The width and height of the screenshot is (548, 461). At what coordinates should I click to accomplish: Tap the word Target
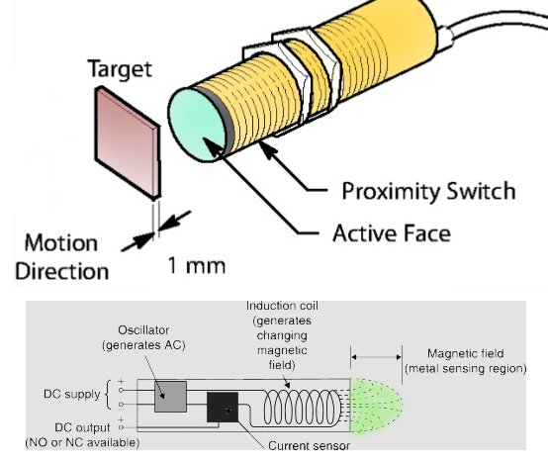point(121,69)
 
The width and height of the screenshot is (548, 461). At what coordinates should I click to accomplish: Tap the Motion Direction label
point(61,255)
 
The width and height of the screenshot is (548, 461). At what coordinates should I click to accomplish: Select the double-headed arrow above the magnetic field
point(376,354)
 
